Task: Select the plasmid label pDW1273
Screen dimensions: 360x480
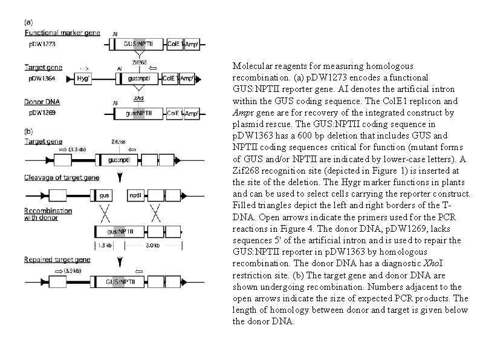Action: tap(41, 45)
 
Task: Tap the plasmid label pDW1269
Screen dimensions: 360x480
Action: tap(40, 113)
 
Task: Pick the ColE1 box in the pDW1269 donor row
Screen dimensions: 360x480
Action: tap(174, 113)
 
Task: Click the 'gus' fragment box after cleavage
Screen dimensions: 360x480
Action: tap(104, 195)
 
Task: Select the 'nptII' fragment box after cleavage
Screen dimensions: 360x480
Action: tap(136, 195)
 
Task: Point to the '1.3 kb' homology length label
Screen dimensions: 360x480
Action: tap(104, 245)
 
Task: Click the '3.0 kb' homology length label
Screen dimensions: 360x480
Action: tap(154, 245)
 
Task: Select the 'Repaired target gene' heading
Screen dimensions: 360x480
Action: tap(53, 259)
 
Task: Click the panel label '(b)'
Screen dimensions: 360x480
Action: tap(28, 131)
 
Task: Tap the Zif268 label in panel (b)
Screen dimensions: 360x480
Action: tap(118, 142)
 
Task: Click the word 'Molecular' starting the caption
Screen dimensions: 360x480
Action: tap(250, 65)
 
